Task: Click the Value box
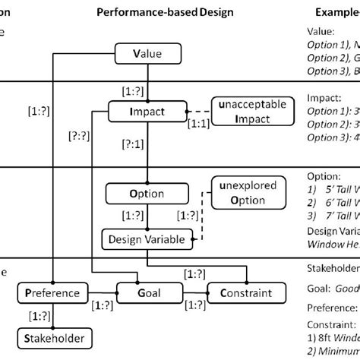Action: pyautogui.click(x=148, y=54)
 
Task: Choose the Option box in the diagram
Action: pyautogui.click(x=147, y=193)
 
